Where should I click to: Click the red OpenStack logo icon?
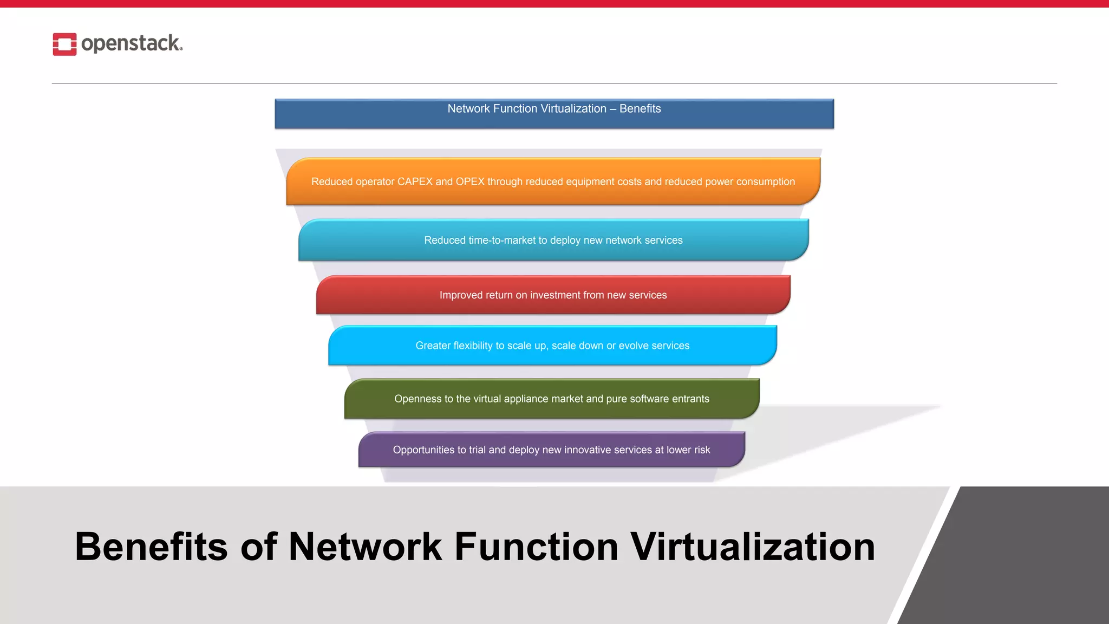(x=64, y=44)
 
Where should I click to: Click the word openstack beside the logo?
(x=131, y=43)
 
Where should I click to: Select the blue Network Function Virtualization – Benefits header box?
(x=554, y=114)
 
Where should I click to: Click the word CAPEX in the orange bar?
(x=415, y=182)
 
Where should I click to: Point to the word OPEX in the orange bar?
(x=470, y=182)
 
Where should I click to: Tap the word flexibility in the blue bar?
(x=473, y=346)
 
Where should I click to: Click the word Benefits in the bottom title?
(x=151, y=547)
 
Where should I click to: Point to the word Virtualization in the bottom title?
(x=753, y=547)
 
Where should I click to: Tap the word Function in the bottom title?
(x=536, y=547)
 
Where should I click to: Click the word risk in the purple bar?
(x=702, y=450)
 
